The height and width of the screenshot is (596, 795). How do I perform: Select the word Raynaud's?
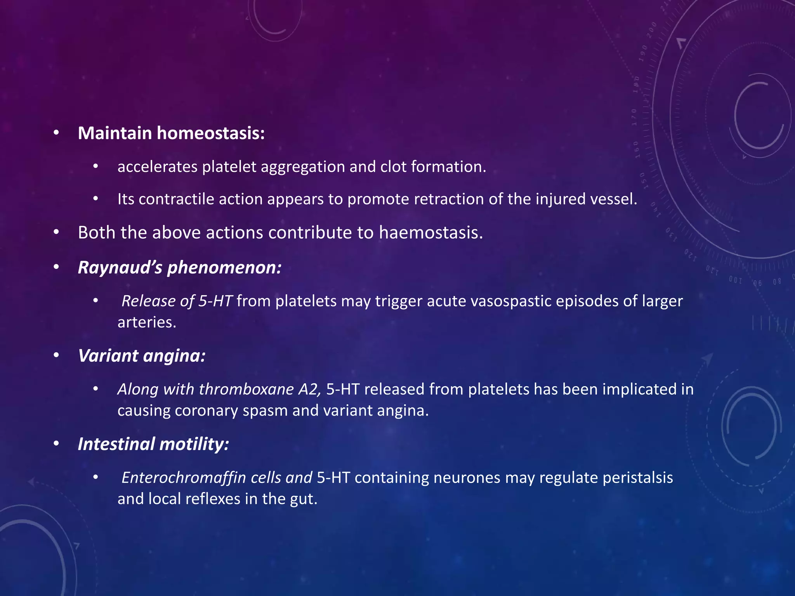pyautogui.click(x=120, y=267)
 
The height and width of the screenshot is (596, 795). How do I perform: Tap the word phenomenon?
pyautogui.click(x=224, y=267)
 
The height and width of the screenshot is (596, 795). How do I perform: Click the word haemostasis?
pyautogui.click(x=431, y=233)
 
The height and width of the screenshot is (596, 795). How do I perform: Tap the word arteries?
pyautogui.click(x=147, y=322)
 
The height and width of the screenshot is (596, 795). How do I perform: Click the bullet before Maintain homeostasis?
pyautogui.click(x=57, y=133)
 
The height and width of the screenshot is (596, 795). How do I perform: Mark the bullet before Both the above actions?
pyautogui.click(x=57, y=233)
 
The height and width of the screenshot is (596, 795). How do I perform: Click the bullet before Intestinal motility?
pyautogui.click(x=57, y=444)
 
